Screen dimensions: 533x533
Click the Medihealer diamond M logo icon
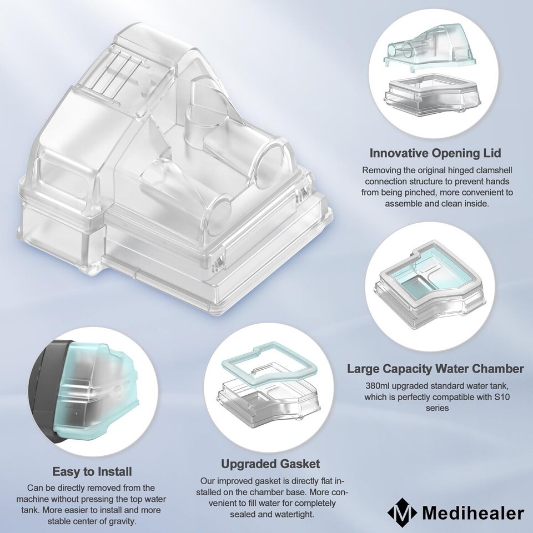[402, 513]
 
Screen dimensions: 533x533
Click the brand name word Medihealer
[473, 513]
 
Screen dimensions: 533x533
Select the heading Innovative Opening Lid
[435, 153]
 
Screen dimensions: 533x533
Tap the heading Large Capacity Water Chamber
[435, 369]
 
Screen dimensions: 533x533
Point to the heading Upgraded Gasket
[270, 464]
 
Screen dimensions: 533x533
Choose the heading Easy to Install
[92, 471]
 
